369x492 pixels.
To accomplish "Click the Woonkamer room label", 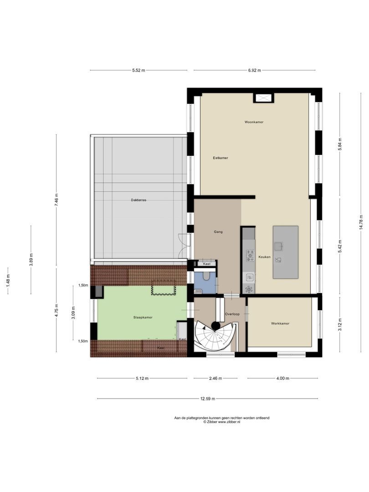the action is (254, 122).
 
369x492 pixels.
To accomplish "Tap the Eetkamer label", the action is (220, 158).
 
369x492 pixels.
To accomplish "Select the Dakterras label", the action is (138, 200).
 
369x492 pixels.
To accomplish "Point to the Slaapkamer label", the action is (143, 317).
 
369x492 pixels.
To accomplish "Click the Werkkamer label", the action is (280, 323).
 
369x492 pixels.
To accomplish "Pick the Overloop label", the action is (232, 314).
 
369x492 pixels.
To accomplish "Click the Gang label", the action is (218, 232).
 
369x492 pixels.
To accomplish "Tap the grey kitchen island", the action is (285, 252).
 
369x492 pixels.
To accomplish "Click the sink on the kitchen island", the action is (278, 246).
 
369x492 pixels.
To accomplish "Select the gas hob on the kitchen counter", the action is (250, 256).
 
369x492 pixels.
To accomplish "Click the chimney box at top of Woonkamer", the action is (263, 98).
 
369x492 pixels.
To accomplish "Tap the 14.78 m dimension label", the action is (361, 222).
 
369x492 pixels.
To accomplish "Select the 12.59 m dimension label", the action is (207, 399).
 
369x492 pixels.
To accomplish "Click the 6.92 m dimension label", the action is (254, 70).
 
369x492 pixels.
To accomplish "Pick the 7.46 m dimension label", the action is (56, 199).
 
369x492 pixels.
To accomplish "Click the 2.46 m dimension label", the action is (215, 379).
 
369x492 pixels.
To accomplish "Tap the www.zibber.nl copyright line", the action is (222, 422).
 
